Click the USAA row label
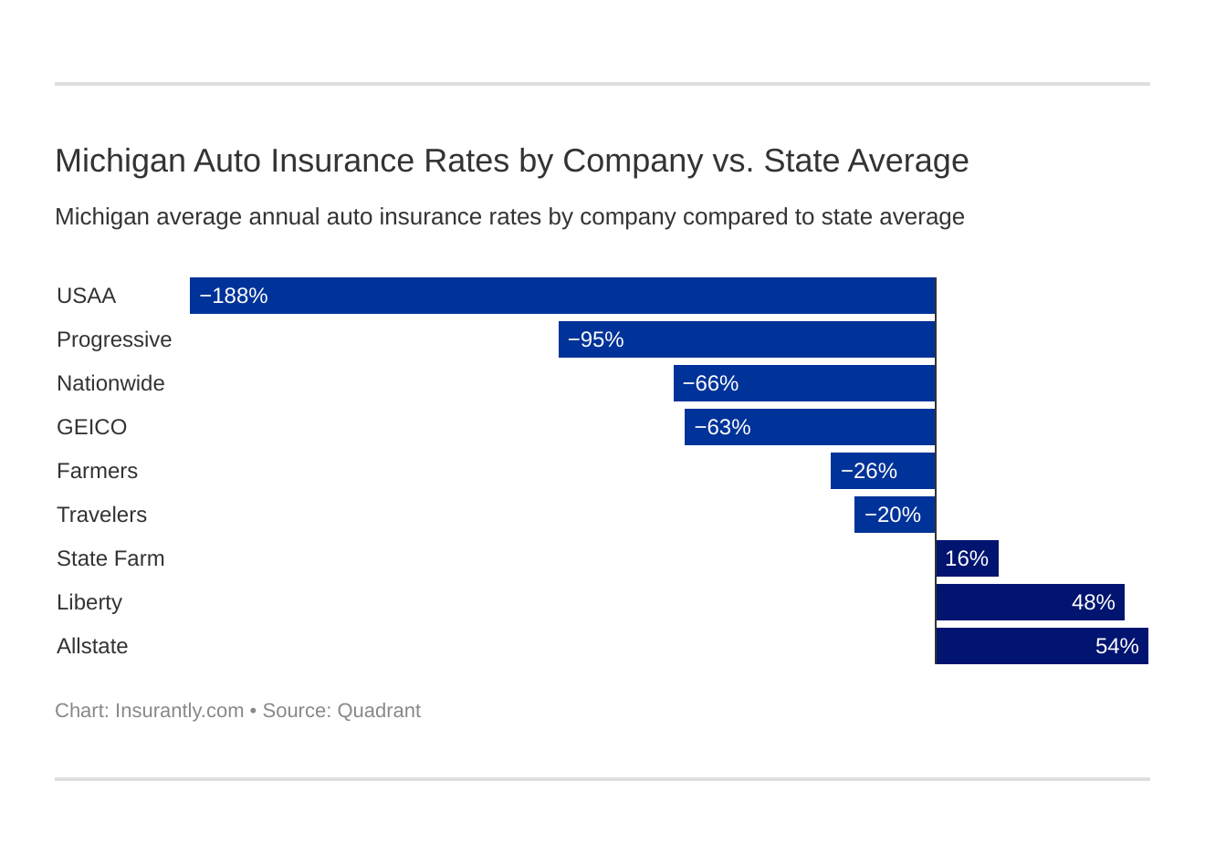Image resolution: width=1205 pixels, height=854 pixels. [x=86, y=296]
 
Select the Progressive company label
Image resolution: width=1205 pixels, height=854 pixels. [x=114, y=339]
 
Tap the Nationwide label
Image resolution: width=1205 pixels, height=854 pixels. [x=110, y=383]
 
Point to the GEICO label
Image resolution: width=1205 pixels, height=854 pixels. [x=91, y=427]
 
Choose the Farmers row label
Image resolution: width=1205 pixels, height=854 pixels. [x=97, y=471]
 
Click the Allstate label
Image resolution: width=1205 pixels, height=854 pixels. [x=92, y=646]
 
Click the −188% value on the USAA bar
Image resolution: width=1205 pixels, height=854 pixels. [x=233, y=296]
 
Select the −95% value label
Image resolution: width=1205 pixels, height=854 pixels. [x=595, y=339]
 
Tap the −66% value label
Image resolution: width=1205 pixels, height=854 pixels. [x=710, y=383]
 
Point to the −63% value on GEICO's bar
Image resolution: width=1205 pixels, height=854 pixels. [x=722, y=427]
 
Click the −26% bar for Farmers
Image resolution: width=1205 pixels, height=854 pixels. [x=882, y=471]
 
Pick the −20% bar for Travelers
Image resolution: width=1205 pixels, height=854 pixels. [x=894, y=515]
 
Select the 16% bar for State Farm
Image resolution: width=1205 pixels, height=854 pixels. [x=967, y=558]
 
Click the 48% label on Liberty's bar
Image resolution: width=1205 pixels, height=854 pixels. [x=1093, y=602]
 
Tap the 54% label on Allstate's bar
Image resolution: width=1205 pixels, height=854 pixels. [x=1116, y=646]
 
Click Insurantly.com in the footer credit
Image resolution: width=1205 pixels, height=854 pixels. [x=179, y=711]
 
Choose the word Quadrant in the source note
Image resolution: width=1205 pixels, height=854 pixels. [x=379, y=711]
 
